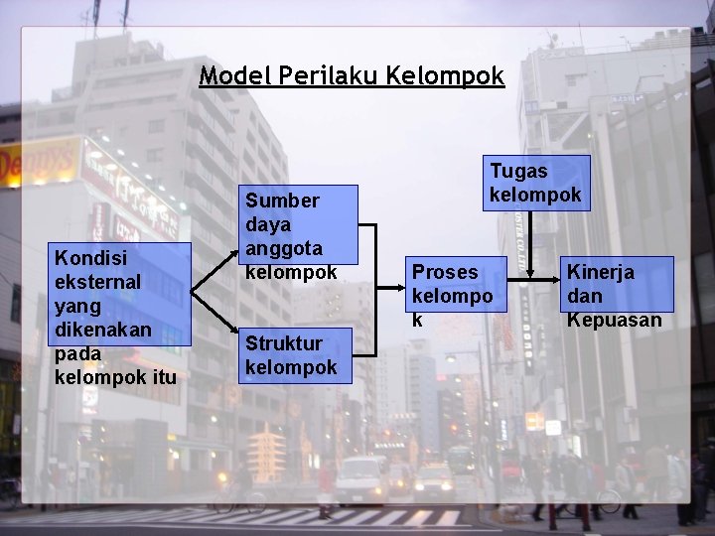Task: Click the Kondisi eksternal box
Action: click(117, 317)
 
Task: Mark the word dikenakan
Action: click(104, 330)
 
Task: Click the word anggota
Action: click(282, 248)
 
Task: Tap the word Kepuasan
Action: click(613, 320)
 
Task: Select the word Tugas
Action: click(517, 171)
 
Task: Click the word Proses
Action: click(445, 271)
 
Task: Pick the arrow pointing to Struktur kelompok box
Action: click(215, 320)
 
